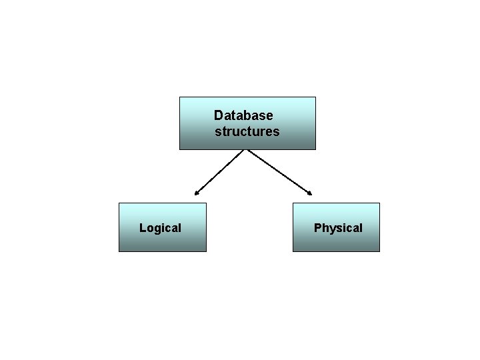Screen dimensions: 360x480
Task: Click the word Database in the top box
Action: pyautogui.click(x=243, y=116)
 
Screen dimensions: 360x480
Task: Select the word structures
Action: pyautogui.click(x=247, y=131)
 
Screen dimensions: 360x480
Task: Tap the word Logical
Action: pyautogui.click(x=160, y=228)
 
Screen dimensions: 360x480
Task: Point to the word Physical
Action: pyautogui.click(x=338, y=228)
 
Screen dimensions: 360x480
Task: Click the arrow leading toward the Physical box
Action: pyautogui.click(x=279, y=172)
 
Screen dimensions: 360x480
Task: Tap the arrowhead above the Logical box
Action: pyautogui.click(x=196, y=194)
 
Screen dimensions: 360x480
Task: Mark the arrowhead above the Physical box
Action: pyautogui.click(x=310, y=194)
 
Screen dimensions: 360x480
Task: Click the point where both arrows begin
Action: pyautogui.click(x=247, y=150)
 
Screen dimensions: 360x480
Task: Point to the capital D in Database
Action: pyautogui.click(x=219, y=116)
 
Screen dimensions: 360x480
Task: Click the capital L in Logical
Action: pyautogui.click(x=142, y=228)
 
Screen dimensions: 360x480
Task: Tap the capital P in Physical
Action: pyautogui.click(x=318, y=228)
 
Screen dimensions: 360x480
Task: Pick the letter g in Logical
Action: pyautogui.click(x=159, y=229)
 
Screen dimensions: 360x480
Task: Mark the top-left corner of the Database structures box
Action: pyautogui.click(x=180, y=97)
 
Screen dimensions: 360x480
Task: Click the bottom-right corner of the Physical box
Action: pyautogui.click(x=379, y=251)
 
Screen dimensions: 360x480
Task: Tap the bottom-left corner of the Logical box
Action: pyautogui.click(x=119, y=251)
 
